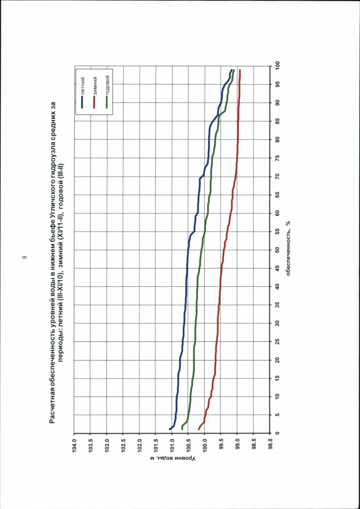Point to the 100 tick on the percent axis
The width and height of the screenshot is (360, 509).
(277, 66)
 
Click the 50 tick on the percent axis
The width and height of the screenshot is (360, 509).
(277, 250)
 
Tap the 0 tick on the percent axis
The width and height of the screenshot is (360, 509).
(277, 433)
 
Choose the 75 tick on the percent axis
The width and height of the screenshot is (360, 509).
(277, 158)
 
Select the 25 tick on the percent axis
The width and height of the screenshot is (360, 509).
(277, 341)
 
